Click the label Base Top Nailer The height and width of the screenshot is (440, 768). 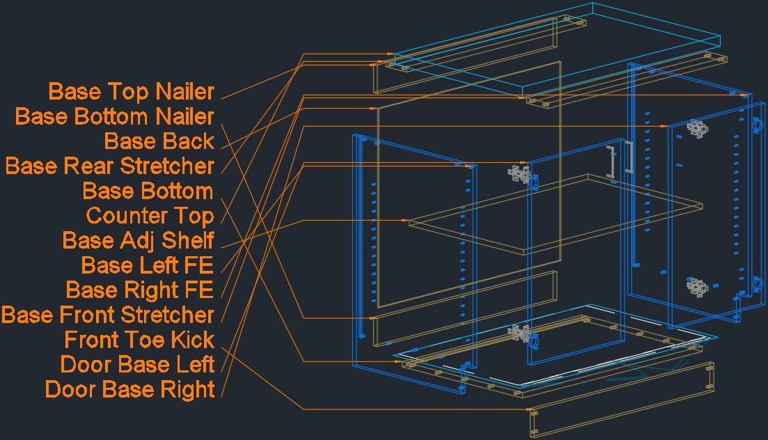132,91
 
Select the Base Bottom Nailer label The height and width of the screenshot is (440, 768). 115,116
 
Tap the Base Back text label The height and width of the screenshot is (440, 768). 159,141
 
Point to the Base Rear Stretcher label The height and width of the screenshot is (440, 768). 110,166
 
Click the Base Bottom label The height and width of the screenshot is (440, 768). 148,191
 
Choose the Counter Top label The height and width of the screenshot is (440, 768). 150,216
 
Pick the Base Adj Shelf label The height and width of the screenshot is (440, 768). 138,240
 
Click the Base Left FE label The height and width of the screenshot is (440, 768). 147,265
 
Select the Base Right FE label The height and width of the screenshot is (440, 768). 139,290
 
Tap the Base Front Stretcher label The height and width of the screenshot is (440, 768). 108,315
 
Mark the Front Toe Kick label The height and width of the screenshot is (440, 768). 139,340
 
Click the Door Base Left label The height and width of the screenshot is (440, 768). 137,364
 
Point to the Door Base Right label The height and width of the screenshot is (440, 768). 130,389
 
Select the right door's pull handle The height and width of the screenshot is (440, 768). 629,157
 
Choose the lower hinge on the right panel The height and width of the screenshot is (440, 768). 697,285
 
